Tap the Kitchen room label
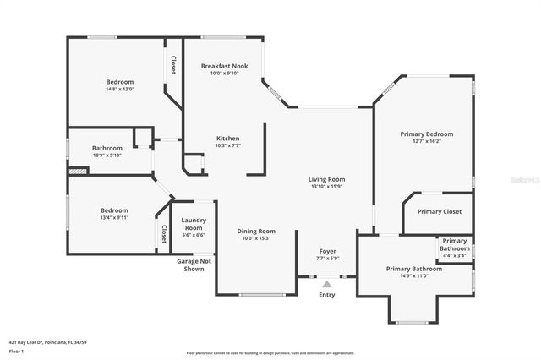227,139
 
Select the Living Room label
325,179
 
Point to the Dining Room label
255,231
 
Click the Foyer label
327,251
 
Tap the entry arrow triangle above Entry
327,284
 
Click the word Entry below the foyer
327,295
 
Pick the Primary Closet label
439,211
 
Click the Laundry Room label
194,224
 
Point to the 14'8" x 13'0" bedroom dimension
119,90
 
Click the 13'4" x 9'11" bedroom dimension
114,217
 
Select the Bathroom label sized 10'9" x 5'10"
107,149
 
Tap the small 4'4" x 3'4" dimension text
454,256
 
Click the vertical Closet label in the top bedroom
173,65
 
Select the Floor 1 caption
17,351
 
